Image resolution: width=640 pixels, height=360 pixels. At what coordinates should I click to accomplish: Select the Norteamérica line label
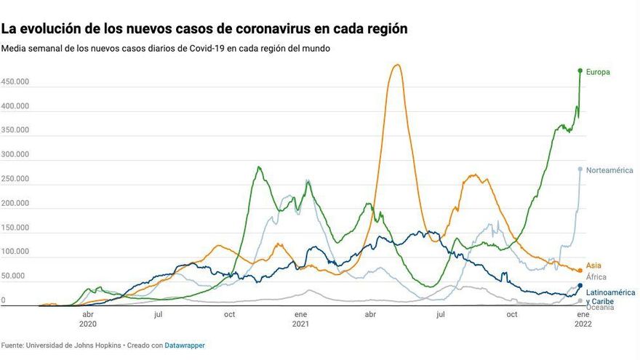click(x=609, y=170)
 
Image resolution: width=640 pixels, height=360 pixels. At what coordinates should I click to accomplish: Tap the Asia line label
click(x=593, y=266)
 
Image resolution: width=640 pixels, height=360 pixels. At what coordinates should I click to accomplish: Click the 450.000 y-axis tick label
click(x=15, y=82)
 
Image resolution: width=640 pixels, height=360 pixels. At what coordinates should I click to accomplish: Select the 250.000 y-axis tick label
click(x=15, y=179)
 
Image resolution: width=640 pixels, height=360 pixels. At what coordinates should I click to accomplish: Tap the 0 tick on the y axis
click(x=4, y=300)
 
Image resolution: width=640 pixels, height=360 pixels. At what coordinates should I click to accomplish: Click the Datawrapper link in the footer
click(x=185, y=345)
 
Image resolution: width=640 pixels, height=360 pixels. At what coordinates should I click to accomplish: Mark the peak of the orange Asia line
click(x=396, y=65)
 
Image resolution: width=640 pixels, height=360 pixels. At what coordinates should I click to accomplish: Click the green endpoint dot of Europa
click(x=580, y=71)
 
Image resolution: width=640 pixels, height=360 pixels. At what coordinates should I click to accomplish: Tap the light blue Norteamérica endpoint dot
click(x=580, y=169)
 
